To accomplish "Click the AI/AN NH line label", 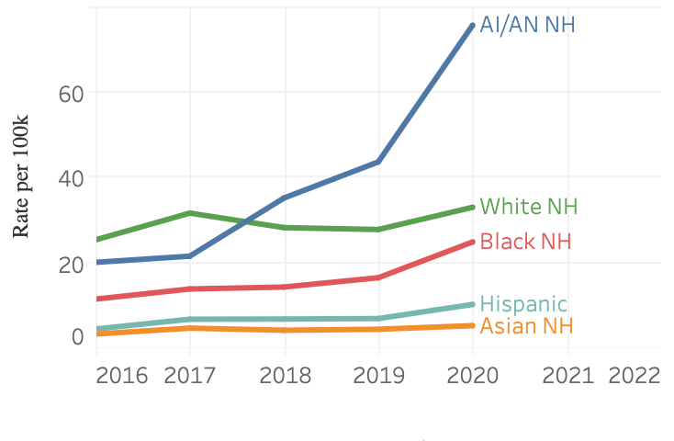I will [x=528, y=25].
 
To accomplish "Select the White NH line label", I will [x=529, y=206].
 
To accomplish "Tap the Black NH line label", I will [x=525, y=242].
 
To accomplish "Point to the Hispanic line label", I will [x=523, y=304].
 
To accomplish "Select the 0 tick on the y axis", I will [x=77, y=337].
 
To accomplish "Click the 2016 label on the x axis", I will [x=122, y=377].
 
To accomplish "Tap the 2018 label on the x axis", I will [x=285, y=377].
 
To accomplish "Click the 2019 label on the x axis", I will [x=378, y=377].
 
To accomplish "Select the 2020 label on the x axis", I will [x=473, y=377].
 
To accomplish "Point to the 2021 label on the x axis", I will [x=567, y=377].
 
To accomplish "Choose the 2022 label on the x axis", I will [x=635, y=377].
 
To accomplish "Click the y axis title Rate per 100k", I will [x=22, y=176].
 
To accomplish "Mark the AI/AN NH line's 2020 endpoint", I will [x=473, y=25].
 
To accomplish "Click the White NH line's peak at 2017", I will [x=189, y=213].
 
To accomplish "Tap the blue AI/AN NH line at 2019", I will [x=378, y=162].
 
